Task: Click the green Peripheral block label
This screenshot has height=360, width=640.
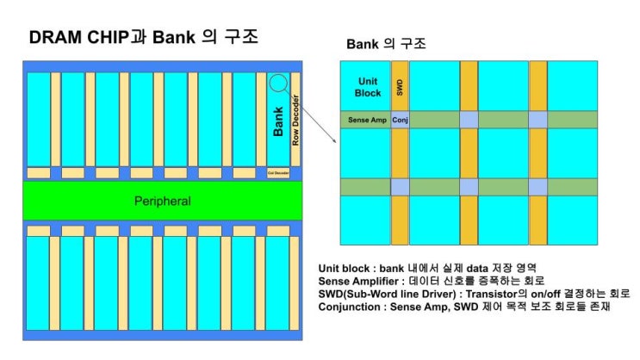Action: click(162, 201)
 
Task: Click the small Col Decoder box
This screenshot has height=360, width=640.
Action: click(278, 172)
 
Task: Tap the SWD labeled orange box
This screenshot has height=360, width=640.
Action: click(400, 86)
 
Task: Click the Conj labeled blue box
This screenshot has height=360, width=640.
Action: click(400, 120)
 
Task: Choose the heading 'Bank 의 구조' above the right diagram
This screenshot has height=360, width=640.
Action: click(386, 43)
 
